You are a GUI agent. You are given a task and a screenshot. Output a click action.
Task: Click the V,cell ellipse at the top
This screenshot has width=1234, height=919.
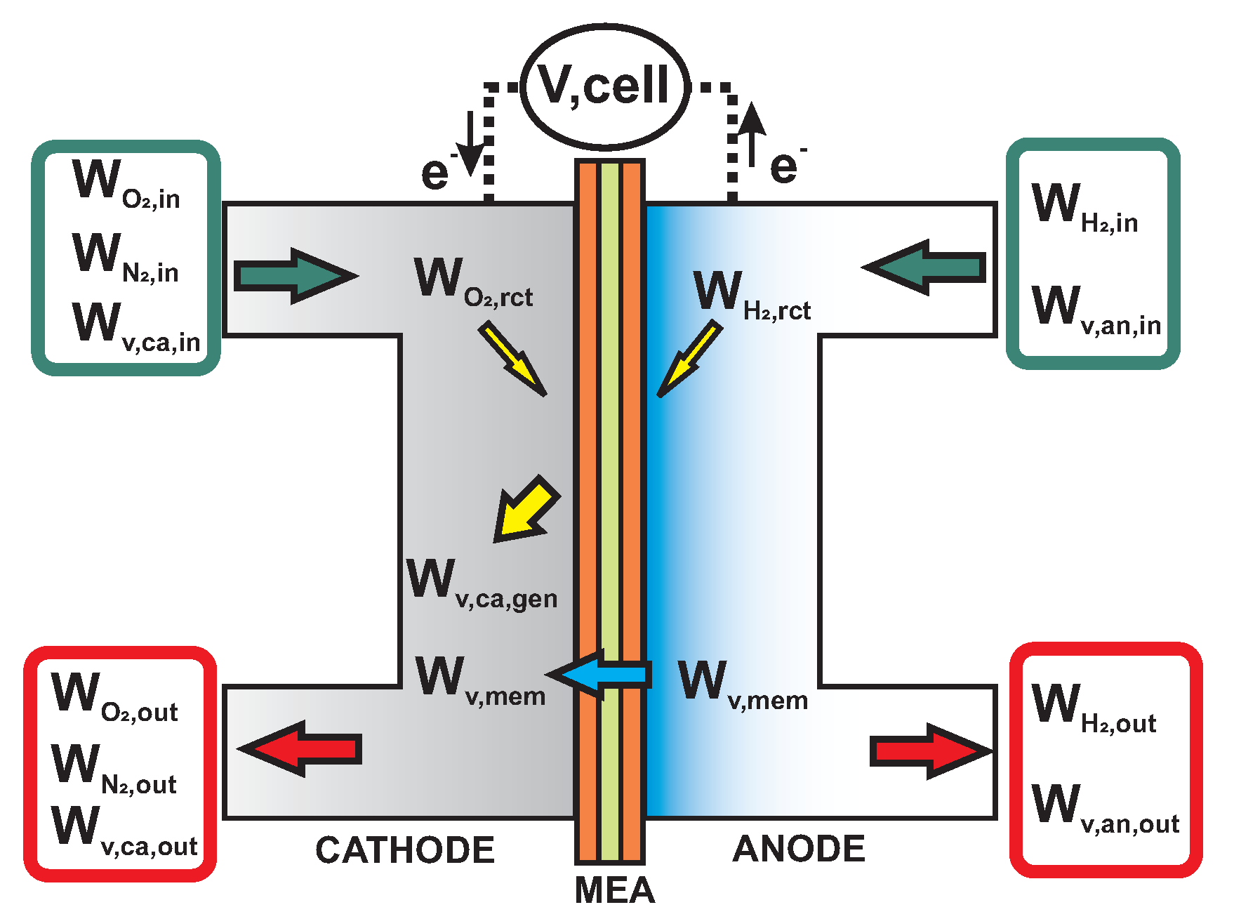pos(605,86)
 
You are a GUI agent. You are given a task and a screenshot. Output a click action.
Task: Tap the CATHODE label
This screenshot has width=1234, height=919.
pos(405,850)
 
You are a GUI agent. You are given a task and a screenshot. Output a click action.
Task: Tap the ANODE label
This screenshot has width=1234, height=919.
pos(799,849)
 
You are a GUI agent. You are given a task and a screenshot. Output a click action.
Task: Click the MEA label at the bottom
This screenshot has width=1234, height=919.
pos(614,891)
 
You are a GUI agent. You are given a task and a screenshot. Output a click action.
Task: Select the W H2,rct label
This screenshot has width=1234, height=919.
pos(752,295)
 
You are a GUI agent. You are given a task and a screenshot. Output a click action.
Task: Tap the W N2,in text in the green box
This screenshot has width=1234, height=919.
pos(126,258)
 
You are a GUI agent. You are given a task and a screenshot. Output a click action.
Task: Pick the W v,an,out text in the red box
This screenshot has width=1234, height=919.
pos(1105,808)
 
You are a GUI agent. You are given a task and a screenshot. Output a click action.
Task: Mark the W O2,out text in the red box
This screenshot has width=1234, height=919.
pos(114,697)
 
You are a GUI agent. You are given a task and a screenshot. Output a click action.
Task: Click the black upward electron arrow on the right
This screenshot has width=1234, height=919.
pos(752,134)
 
